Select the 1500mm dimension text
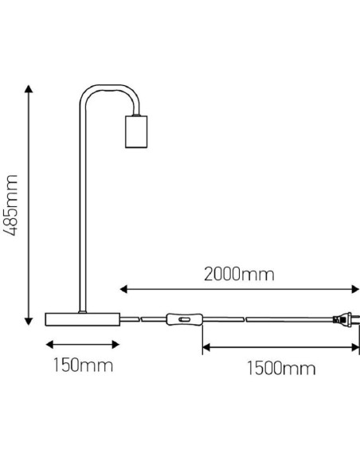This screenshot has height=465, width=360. pyautogui.click(x=280, y=368)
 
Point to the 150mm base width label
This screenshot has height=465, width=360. pyautogui.click(x=82, y=366)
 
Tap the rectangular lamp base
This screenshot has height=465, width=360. pyautogui.click(x=82, y=319)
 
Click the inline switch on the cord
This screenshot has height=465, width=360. pyautogui.click(x=183, y=321)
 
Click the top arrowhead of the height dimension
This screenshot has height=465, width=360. pyautogui.click(x=29, y=88)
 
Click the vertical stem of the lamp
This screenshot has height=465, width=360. pyautogui.click(x=80, y=207)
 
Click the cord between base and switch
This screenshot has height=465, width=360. pyautogui.click(x=143, y=320)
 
